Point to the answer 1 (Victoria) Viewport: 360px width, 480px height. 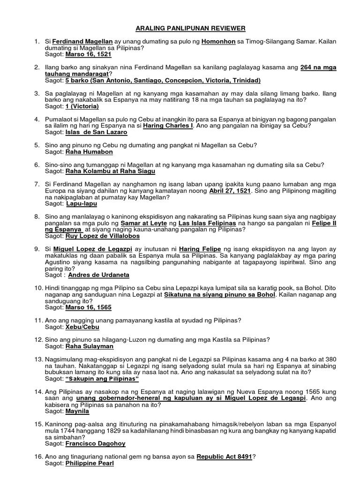point(82,106)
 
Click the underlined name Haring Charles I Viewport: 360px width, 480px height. point(169,126)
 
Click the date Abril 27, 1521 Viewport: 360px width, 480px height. point(230,191)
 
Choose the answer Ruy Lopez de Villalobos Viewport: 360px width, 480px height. point(102,236)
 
